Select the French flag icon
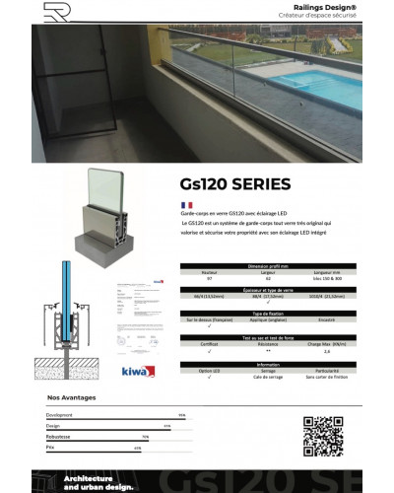(x=186, y=204)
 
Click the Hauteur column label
(x=209, y=273)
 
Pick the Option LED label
(x=209, y=371)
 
